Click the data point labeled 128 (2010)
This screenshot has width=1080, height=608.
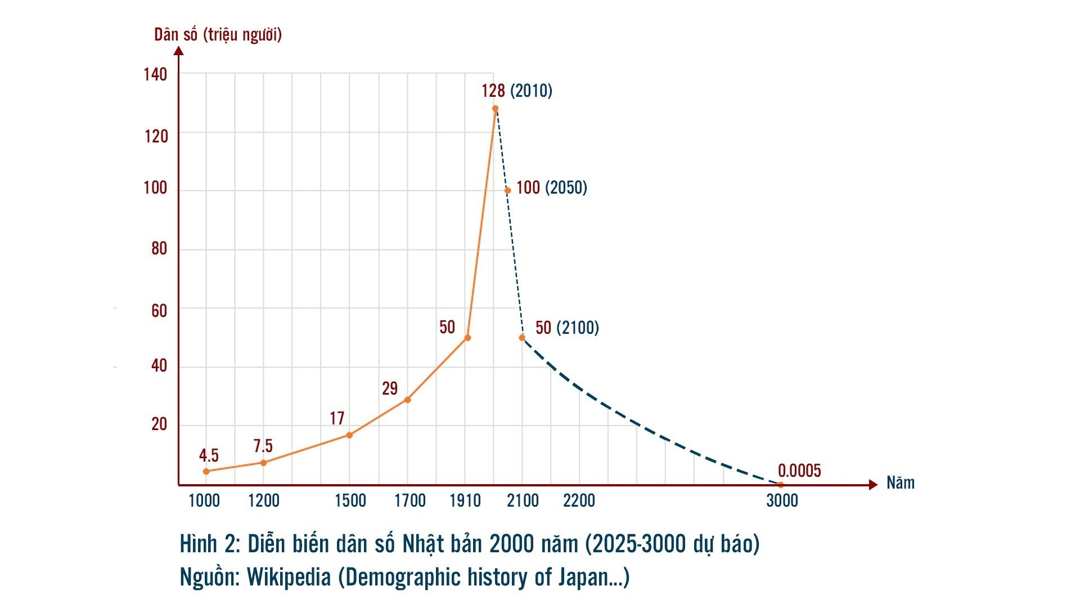[x=495, y=109]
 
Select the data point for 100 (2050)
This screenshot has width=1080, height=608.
[x=507, y=190]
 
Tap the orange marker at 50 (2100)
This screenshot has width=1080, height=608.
[x=522, y=338]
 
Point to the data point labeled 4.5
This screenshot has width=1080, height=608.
[x=206, y=471]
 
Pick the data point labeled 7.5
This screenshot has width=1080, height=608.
[x=263, y=463]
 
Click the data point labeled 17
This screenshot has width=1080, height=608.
[x=349, y=435]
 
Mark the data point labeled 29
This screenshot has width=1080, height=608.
[x=407, y=400]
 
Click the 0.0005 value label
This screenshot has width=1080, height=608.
[x=799, y=471]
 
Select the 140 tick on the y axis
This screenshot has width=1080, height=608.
[x=155, y=74]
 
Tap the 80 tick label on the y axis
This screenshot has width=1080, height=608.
[x=159, y=249]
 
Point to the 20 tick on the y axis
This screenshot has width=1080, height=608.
[x=159, y=424]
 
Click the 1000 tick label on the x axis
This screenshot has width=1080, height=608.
[x=204, y=500]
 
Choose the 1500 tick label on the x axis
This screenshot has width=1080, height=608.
[x=350, y=500]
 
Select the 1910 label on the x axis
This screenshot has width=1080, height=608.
[x=465, y=500]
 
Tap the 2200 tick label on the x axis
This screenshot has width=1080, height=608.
[x=579, y=500]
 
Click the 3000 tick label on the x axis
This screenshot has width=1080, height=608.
[x=782, y=500]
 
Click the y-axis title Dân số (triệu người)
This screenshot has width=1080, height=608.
[x=218, y=35]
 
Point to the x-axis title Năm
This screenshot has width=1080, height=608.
[x=901, y=482]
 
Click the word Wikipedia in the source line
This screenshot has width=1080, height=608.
[x=289, y=578]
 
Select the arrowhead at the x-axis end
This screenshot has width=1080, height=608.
[x=873, y=485]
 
